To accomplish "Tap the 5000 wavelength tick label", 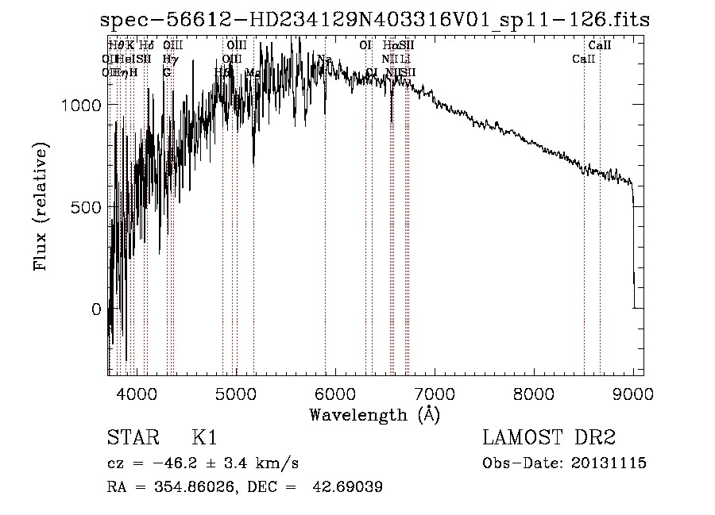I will [236, 394].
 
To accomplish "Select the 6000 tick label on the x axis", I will [335, 394].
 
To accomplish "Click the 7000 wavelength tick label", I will [435, 394].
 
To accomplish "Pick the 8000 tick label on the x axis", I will [534, 394].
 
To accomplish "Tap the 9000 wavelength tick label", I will [633, 394].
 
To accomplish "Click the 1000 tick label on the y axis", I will [83, 105].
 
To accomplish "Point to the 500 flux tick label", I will [87, 207].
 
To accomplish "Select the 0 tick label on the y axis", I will [97, 309].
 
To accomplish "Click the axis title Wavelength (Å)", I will [374, 414].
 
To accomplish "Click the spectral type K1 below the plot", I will [204, 438].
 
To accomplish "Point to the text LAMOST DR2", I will [548, 438].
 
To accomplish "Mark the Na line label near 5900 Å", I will [324, 60].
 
